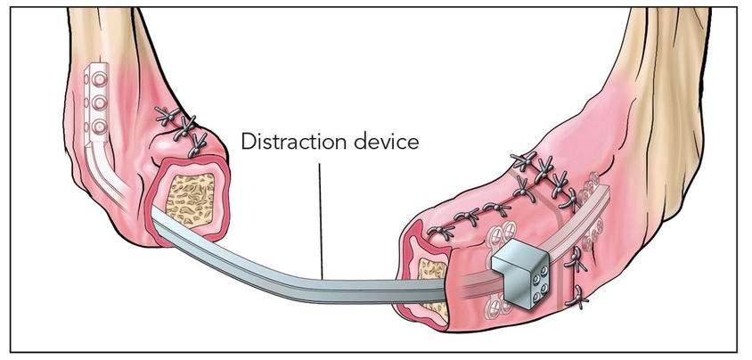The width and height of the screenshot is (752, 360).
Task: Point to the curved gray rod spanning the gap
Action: point(294,268)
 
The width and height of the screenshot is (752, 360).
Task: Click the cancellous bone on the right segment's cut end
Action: point(428,276)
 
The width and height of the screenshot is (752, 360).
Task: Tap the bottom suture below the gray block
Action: point(575,294)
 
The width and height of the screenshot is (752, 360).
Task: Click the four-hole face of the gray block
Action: point(535,286)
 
